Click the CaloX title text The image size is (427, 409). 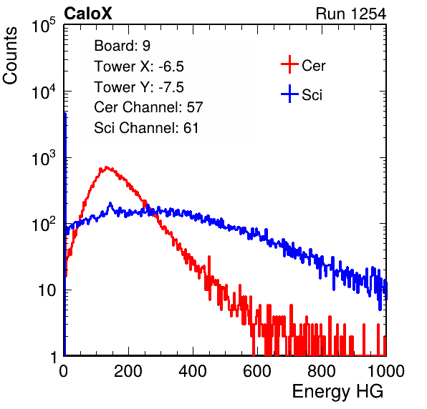click(x=87, y=14)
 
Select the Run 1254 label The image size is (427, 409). click(x=351, y=14)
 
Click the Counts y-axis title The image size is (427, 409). click(x=10, y=56)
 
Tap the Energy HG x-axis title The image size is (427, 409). click(x=337, y=392)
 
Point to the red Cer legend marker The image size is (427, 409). click(x=289, y=64)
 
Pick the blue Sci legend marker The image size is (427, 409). click(x=289, y=94)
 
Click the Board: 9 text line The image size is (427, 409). click(x=122, y=46)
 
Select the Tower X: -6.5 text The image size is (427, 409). click(x=139, y=66)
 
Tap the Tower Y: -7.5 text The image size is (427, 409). click(x=139, y=87)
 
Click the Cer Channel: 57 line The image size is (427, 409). click(x=148, y=107)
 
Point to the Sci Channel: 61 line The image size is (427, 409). click(x=146, y=128)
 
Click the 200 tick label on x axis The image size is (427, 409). click(x=128, y=371)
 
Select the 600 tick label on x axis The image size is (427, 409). click(x=257, y=371)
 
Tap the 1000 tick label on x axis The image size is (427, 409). click(x=386, y=371)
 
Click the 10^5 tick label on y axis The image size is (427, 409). click(x=44, y=26)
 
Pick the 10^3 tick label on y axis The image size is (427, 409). click(x=44, y=158)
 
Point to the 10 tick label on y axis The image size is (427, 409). click(x=47, y=290)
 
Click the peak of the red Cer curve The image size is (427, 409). click(x=107, y=168)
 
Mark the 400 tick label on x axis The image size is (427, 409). click(x=193, y=371)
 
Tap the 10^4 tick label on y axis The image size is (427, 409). click(x=44, y=92)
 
